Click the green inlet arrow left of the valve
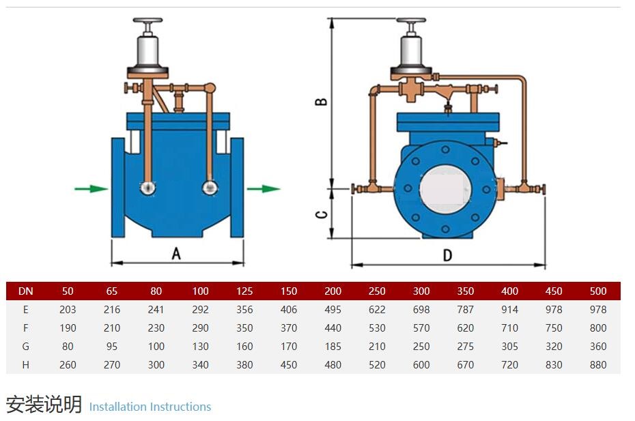[91, 188]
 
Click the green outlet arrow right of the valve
[264, 188]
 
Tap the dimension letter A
[176, 254]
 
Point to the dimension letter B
[321, 102]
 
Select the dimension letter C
[321, 214]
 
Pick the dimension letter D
[447, 255]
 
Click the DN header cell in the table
[26, 291]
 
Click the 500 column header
[597, 291]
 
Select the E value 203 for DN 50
[68, 310]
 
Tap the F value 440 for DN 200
[333, 328]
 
